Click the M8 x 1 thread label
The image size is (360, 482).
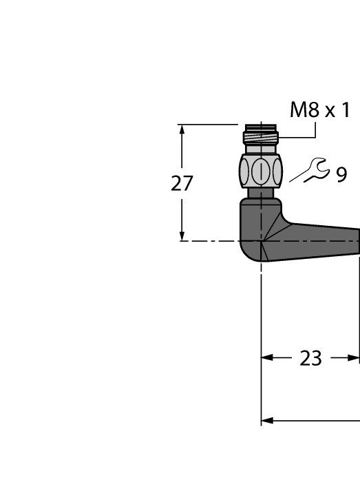[320, 109]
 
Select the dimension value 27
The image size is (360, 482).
[182, 184]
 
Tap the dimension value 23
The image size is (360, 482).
[311, 358]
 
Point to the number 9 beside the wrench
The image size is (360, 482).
[341, 176]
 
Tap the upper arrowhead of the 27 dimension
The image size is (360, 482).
[182, 130]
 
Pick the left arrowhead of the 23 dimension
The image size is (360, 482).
[268, 358]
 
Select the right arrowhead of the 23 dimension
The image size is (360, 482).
[354, 358]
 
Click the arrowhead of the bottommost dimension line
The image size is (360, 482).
[268, 420]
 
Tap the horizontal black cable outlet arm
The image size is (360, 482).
[324, 241]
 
